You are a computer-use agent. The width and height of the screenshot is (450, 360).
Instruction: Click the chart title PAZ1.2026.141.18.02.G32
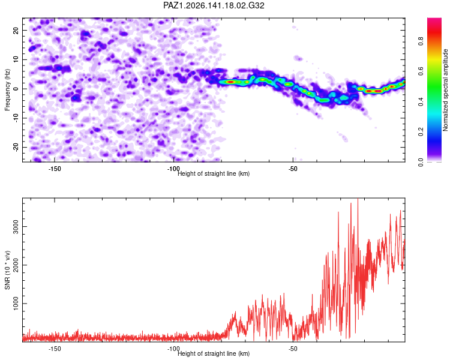(x=214, y=5)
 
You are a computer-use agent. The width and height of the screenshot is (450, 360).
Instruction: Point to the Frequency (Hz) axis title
(x=7, y=90)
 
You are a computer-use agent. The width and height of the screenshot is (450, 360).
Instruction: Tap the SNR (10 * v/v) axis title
(x=7, y=270)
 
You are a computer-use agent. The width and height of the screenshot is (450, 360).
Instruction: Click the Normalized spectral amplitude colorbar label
(x=445, y=90)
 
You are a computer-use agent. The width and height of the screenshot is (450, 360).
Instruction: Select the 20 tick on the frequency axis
(x=16, y=30)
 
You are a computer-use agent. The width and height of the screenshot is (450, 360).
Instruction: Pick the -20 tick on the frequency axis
(x=16, y=148)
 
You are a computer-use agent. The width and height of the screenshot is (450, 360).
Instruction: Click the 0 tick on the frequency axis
(x=16, y=89)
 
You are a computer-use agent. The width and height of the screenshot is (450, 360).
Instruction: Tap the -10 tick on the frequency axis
(x=16, y=118)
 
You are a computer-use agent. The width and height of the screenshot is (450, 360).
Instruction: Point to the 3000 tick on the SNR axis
(x=16, y=227)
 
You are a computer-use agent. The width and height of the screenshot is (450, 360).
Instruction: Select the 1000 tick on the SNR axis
(x=16, y=304)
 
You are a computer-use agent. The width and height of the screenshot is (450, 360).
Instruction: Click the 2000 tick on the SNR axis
(x=16, y=265)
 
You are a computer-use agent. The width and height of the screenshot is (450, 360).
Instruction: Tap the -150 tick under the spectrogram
(x=55, y=169)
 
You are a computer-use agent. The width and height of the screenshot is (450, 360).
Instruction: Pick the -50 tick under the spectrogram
(x=293, y=169)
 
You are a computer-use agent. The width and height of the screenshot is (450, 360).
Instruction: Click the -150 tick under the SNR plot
(x=55, y=349)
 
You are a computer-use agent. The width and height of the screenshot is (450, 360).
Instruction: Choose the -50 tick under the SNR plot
(x=293, y=349)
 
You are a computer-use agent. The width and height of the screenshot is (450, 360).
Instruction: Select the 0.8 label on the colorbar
(x=421, y=41)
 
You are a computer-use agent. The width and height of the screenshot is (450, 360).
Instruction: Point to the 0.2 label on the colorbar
(x=421, y=132)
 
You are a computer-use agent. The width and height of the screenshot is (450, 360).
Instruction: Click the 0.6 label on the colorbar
(x=421, y=71)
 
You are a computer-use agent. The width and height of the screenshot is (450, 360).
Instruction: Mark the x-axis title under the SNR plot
(x=214, y=353)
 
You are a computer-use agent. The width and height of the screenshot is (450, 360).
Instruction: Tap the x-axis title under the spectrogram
(x=214, y=173)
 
